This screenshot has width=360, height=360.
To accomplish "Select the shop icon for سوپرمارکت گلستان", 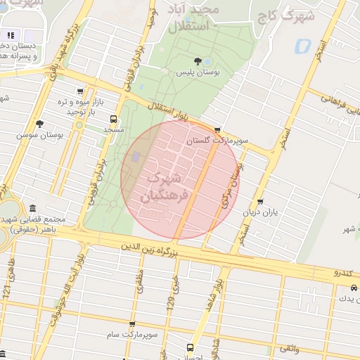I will tap(217, 130).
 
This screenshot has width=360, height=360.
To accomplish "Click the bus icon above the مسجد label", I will tap(114, 119).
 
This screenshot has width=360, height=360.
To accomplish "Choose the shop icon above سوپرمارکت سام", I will tap(132, 324).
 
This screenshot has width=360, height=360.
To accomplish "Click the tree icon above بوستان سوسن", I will tap(39, 123).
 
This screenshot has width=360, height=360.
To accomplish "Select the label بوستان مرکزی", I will tap(232, 184).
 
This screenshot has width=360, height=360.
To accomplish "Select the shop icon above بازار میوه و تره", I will tap(81, 91).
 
